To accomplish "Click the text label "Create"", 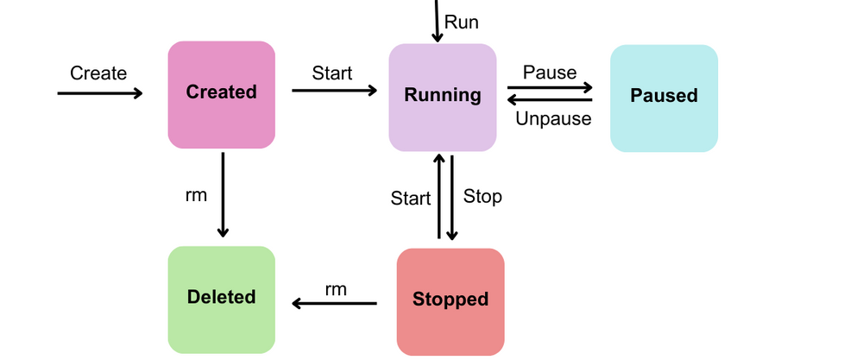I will pyautogui.click(x=98, y=73).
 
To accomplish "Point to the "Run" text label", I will pyautogui.click(x=461, y=22).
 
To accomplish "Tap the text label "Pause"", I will pyautogui.click(x=550, y=73).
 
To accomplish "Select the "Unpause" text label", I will pyautogui.click(x=553, y=119).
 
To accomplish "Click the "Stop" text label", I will pyautogui.click(x=482, y=197).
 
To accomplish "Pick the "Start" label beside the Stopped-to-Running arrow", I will pyautogui.click(x=411, y=199).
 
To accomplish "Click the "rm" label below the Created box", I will pyautogui.click(x=196, y=195).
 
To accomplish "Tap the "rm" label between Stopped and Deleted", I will pyautogui.click(x=336, y=289).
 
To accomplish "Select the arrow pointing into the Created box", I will pyautogui.click(x=99, y=93).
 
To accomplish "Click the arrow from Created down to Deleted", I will pyautogui.click(x=223, y=194).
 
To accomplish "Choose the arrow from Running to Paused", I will pyautogui.click(x=550, y=87).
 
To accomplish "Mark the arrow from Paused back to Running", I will pyautogui.click(x=550, y=101).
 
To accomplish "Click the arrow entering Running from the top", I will pyautogui.click(x=438, y=21).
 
